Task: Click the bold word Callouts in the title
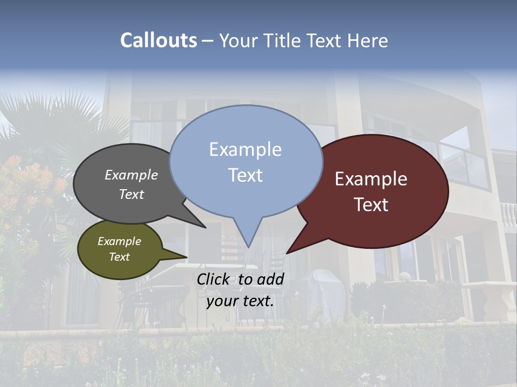[158, 40]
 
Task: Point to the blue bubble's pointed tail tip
[248, 247]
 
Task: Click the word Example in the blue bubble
[245, 149]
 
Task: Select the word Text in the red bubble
[372, 205]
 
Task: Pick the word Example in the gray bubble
[131, 175]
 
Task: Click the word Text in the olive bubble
[120, 257]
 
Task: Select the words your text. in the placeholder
[240, 301]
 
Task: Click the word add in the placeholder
[270, 279]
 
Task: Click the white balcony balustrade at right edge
[508, 215]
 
